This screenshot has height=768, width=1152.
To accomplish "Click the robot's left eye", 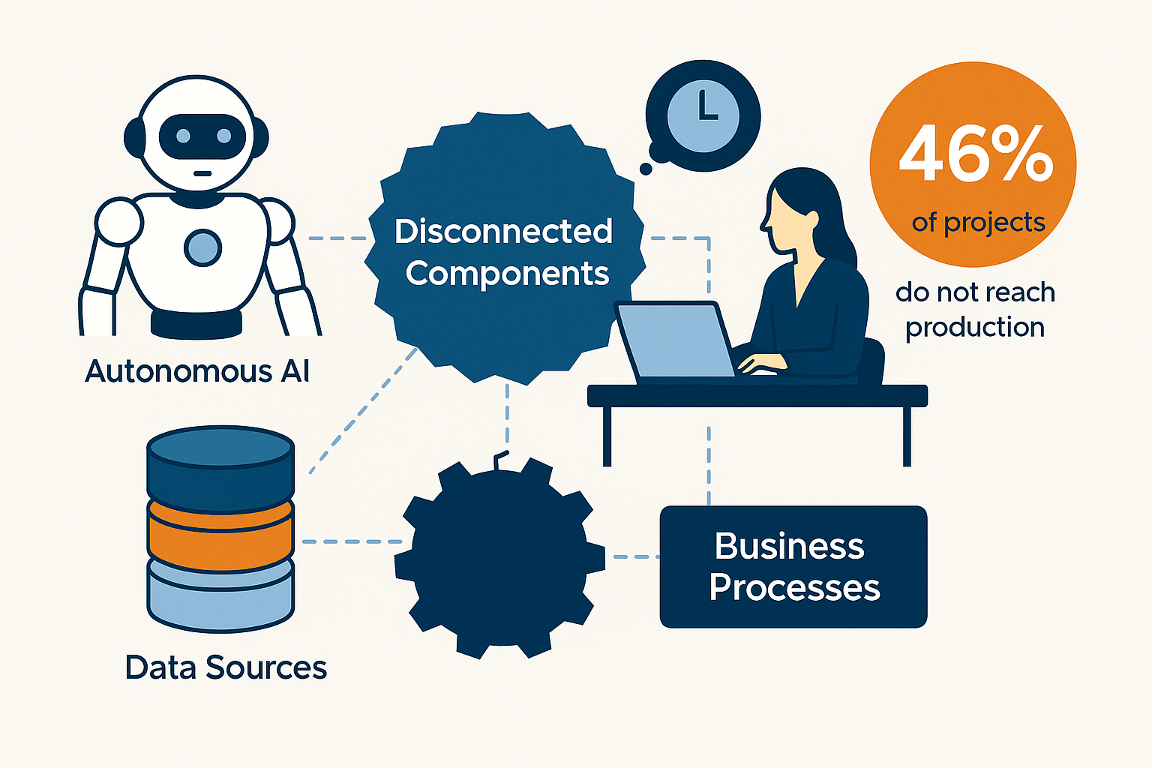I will coord(183,136).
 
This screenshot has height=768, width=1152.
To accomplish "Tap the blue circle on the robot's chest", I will coord(202,247).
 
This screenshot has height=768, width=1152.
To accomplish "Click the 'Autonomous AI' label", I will coord(197,371).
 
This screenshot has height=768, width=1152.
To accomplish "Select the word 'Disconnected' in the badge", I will coord(503,232).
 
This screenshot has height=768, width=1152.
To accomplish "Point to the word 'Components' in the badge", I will coord(507,274).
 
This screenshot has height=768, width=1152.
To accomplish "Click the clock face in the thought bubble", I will coord(703,115).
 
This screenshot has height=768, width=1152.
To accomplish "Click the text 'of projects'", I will coord(978,223).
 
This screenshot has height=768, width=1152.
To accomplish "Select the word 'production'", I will coord(975,328).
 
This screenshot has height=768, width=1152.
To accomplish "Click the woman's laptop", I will coord(675,341).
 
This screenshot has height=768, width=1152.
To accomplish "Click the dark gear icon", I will coord(499,559).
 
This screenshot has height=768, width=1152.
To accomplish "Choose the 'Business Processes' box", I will coord(793,567).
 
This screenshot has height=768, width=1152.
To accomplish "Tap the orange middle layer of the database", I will coord(220,536).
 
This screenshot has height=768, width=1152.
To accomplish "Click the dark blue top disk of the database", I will coord(220,465).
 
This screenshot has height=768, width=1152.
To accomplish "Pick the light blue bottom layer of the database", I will coord(220,596).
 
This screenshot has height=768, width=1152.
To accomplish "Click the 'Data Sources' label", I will coord(226,667).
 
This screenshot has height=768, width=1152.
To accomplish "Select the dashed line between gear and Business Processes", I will coord(634,556).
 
